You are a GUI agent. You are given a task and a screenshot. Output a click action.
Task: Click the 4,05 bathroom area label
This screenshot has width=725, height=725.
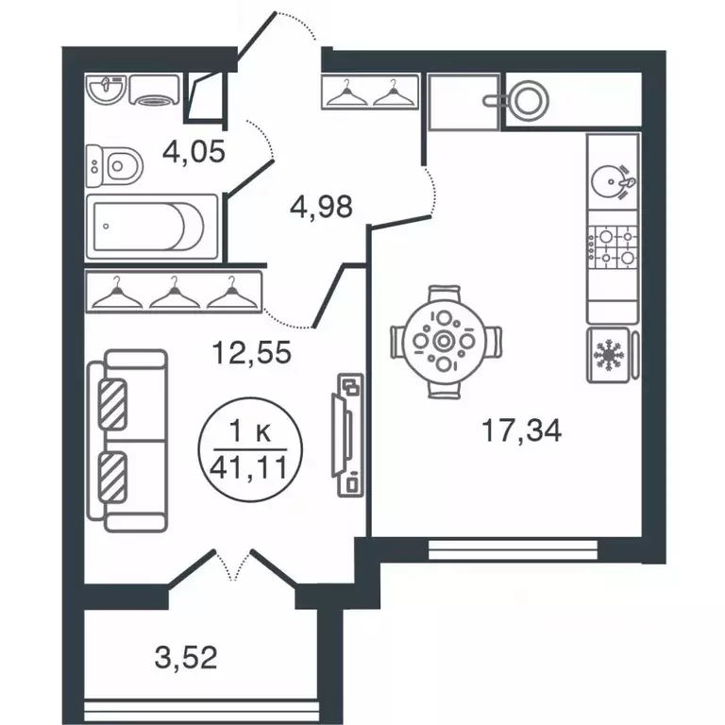[194, 151]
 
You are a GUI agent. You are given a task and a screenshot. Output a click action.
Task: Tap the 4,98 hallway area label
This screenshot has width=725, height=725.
[321, 206]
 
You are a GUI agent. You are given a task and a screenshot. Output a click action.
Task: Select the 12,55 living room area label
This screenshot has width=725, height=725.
[251, 352]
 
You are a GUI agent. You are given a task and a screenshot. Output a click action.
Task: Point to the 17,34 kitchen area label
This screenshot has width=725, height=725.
[521, 430]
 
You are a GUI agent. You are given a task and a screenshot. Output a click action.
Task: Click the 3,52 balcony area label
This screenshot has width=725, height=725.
[186, 657]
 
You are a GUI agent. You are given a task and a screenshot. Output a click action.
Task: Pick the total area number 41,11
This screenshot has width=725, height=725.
[249, 469]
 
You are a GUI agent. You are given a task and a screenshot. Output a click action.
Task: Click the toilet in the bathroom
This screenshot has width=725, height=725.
[114, 165]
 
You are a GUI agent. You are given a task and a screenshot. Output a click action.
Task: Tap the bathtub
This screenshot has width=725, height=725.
[152, 227]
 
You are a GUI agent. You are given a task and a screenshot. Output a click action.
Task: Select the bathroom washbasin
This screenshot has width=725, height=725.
[107, 90]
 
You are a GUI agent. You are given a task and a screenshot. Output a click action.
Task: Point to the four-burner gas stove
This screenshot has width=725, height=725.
[613, 248]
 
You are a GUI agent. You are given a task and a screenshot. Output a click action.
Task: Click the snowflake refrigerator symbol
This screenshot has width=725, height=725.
[609, 355]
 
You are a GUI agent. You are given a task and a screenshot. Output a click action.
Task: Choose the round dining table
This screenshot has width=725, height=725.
[445, 342]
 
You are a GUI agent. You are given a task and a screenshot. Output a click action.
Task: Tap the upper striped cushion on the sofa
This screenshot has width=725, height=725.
[112, 404]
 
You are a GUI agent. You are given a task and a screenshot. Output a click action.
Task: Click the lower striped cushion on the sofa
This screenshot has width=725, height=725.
[112, 477]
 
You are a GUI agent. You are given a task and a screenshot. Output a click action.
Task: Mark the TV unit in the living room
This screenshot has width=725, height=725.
[348, 434]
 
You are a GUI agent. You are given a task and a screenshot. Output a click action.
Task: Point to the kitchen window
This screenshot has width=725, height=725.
[514, 548]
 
